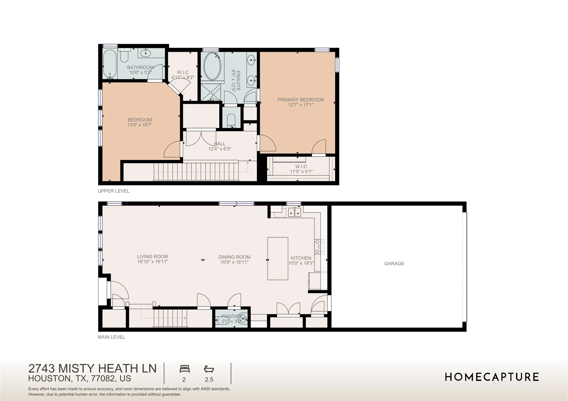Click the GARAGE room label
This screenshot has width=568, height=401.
394,263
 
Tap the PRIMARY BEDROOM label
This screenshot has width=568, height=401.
300,100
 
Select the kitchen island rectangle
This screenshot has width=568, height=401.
278,258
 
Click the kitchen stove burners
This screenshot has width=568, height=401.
320,247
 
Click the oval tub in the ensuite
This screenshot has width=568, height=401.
212,66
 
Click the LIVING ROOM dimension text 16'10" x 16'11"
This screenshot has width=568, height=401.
153,262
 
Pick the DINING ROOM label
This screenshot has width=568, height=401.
234,257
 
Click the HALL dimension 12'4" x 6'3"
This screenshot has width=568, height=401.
220,149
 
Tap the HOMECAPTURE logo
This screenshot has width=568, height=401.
492,377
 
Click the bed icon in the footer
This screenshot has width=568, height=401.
185,369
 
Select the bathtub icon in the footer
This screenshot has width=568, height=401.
209,369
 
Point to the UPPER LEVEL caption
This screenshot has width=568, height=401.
113,191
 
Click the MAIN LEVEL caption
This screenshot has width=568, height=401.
111,337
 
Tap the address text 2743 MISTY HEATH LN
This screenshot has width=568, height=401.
92,368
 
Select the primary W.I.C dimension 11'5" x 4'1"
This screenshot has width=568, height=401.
301,171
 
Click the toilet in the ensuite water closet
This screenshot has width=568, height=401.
231,120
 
